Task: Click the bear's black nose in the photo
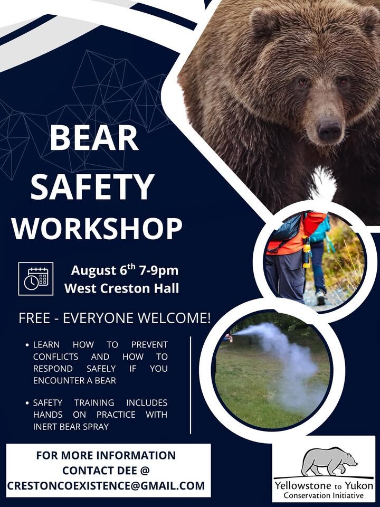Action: coord(329,130)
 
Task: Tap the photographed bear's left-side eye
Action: coord(302,83)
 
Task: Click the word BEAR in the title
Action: coord(94,138)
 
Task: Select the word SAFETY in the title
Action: coord(92,187)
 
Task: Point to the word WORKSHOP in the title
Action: coord(97,228)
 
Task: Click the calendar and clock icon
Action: coord(36,279)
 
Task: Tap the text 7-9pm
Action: coord(159,270)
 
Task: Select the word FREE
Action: coord(34,318)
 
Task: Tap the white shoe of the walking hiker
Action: coord(320,298)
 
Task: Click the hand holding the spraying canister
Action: coord(229,338)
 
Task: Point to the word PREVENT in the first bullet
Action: coord(149,345)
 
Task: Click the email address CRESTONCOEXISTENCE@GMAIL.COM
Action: coord(106,486)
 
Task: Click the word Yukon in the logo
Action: coord(359,485)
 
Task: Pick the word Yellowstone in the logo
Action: coord(303,485)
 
